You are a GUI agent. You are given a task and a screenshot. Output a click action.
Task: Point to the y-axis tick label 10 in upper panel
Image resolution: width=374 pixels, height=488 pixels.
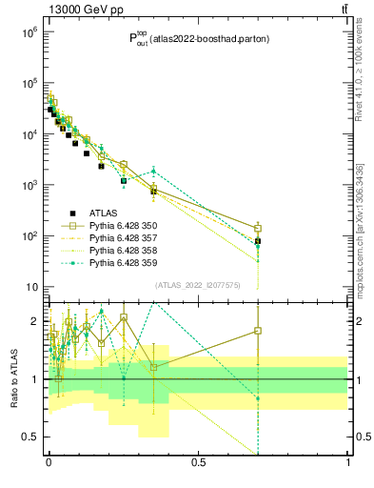30,287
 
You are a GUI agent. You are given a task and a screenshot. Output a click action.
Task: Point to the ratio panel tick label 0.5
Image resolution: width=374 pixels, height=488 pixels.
32,437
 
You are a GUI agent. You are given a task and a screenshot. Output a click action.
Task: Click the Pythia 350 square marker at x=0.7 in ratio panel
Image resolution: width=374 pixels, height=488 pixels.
258,331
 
